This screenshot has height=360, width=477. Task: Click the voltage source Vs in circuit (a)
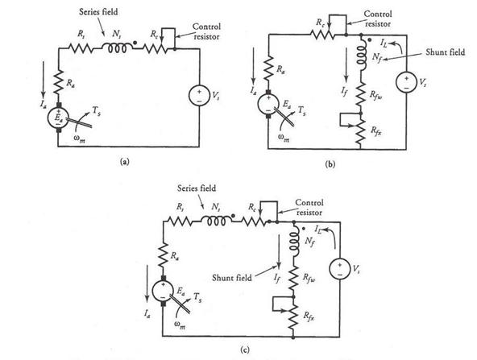199,96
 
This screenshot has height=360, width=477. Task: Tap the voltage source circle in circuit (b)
406,82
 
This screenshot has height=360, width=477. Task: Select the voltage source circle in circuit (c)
339,268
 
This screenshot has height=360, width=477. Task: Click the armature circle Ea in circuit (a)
58,118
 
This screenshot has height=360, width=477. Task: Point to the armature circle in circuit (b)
268,104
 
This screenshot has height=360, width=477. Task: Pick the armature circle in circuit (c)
163,291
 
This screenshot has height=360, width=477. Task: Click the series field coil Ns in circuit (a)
118,48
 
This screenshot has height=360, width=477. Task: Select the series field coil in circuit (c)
216,220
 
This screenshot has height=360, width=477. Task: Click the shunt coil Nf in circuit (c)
294,240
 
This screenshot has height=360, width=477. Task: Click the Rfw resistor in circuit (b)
361,94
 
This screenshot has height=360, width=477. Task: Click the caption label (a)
125,161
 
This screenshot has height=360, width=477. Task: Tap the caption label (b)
330,164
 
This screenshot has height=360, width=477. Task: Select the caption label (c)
245,350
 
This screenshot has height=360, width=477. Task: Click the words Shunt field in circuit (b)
446,52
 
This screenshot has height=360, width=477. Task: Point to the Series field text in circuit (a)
98,12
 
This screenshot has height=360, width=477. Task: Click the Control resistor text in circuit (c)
309,207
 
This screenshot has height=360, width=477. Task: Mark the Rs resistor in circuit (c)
180,221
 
